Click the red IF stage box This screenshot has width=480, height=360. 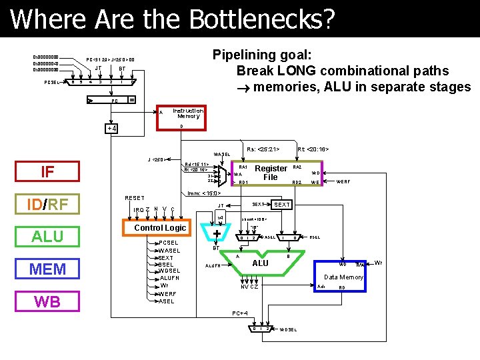pyautogui.click(x=47, y=172)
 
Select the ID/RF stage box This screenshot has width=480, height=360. pyautogui.click(x=47, y=204)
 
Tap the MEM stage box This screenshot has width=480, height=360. pyautogui.click(x=47, y=269)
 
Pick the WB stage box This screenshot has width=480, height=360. pyautogui.click(x=47, y=301)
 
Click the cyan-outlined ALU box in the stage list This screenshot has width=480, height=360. pyautogui.click(x=47, y=237)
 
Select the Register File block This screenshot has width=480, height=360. pyautogui.click(x=271, y=173)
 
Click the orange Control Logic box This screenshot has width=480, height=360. pyautogui.click(x=161, y=228)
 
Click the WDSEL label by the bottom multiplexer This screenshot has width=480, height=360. pyautogui.click(x=289, y=329)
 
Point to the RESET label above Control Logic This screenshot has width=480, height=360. pyautogui.click(x=135, y=198)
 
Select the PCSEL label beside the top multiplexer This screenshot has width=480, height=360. pyautogui.click(x=53, y=83)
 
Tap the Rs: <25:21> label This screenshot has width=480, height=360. pyautogui.click(x=263, y=149)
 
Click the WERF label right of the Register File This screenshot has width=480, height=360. pyautogui.click(x=343, y=181)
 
